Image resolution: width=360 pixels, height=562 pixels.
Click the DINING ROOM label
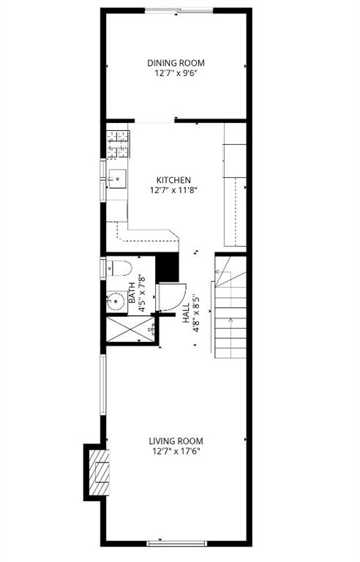176,63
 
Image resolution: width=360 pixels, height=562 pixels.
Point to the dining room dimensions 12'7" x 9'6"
176,73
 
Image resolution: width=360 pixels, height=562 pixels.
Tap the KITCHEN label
173,179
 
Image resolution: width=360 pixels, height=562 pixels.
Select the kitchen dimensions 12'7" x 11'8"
173,190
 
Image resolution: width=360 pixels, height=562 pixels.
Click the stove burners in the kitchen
116,143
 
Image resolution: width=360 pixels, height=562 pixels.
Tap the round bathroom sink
114,301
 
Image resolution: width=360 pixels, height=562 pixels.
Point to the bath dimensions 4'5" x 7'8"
143,293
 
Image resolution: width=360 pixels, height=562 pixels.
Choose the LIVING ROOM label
176,441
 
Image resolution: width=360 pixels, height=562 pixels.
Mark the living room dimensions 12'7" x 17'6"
176,452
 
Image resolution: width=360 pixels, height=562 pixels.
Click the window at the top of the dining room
179,10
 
